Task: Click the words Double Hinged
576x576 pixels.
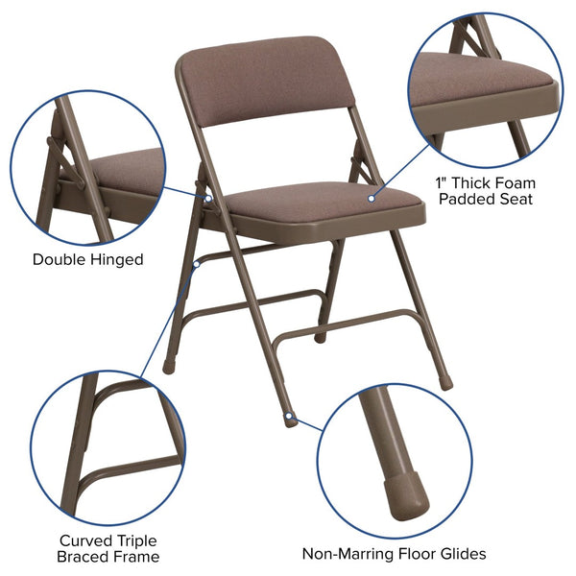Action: coord(87,259)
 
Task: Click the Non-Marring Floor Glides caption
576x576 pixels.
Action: coord(394,554)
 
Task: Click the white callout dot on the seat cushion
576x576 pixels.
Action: coord(371,199)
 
